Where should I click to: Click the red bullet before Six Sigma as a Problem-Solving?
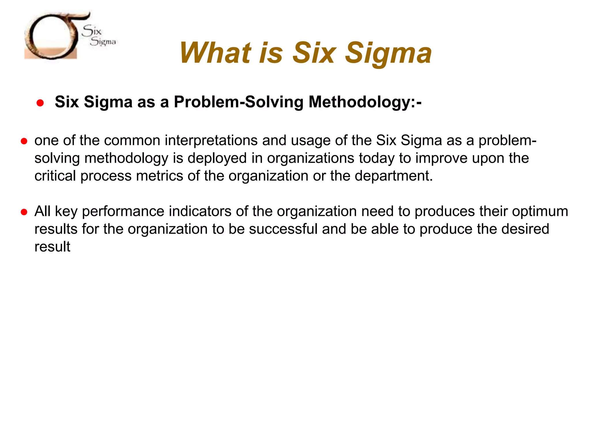(x=40, y=103)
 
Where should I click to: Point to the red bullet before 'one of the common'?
(x=24, y=141)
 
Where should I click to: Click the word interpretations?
(x=211, y=140)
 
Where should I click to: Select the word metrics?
(x=159, y=176)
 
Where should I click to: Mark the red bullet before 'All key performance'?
(x=24, y=212)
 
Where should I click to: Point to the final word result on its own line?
(x=52, y=247)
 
